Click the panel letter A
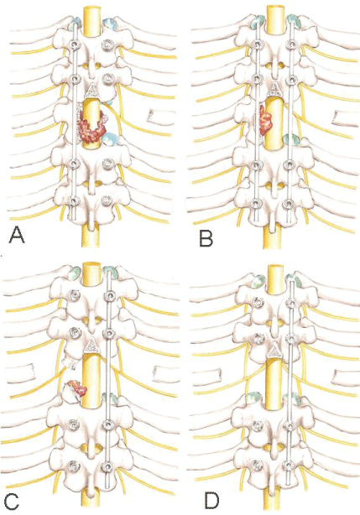(17, 235)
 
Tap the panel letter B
(206, 238)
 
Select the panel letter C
(11, 500)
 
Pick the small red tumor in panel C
(77, 387)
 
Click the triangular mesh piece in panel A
(92, 90)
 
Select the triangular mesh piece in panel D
(273, 351)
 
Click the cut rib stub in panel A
(154, 117)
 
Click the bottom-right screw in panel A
(107, 200)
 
